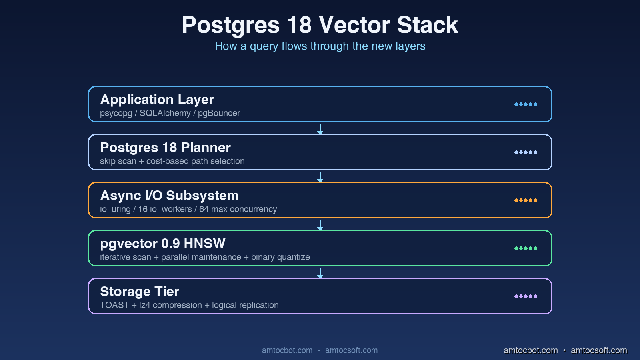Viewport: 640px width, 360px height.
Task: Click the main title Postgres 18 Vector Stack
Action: (320, 25)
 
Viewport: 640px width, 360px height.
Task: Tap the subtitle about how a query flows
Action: (320, 46)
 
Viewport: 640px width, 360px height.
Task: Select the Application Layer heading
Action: (157, 99)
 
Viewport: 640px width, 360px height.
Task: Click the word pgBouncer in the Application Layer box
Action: (219, 113)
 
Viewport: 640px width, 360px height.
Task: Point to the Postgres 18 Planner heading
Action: (165, 147)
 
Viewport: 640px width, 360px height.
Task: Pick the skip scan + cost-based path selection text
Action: (172, 161)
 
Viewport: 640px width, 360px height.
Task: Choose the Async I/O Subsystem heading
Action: (169, 195)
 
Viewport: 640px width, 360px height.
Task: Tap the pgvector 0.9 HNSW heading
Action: (162, 243)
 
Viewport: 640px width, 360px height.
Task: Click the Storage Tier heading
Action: (140, 291)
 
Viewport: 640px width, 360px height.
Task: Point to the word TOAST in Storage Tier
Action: (114, 305)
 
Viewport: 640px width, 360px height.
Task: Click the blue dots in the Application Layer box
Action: (526, 104)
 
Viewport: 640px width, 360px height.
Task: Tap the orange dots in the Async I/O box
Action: (526, 200)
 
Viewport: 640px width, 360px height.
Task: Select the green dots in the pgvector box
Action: (526, 248)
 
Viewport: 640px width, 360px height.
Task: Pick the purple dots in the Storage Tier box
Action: (526, 296)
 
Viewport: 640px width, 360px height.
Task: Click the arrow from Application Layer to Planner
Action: (320, 129)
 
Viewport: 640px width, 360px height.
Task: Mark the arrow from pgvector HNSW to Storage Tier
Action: (320, 273)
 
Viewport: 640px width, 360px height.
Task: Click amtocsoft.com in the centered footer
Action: (351, 350)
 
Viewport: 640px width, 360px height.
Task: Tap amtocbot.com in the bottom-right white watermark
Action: (530, 350)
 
